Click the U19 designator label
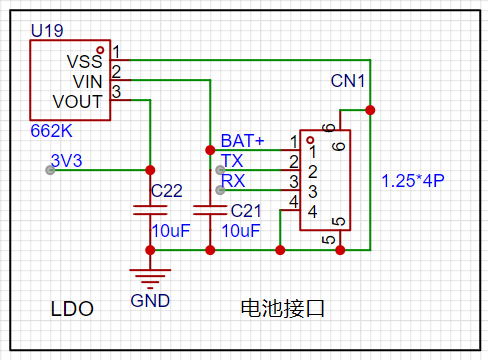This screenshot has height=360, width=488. click(47, 31)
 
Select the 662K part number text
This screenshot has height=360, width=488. click(51, 131)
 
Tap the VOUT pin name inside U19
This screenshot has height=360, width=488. click(77, 102)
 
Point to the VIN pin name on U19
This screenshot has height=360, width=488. click(87, 82)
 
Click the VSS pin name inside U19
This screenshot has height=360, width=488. click(84, 61)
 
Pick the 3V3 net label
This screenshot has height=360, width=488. click(66, 161)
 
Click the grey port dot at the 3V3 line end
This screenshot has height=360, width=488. click(50, 170)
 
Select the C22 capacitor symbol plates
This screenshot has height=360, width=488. click(150, 210)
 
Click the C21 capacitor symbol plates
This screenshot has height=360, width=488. click(210, 210)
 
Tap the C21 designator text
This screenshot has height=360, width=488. click(246, 211)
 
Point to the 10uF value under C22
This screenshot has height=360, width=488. click(171, 231)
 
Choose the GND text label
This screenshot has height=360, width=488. click(150, 301)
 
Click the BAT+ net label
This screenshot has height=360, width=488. click(242, 141)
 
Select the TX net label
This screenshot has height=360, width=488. click(232, 161)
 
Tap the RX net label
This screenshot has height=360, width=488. click(233, 181)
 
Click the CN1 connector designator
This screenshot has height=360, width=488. click(348, 81)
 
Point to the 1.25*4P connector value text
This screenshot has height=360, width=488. click(413, 181)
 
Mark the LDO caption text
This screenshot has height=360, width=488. click(72, 309)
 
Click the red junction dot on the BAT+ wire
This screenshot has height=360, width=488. click(210, 150)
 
